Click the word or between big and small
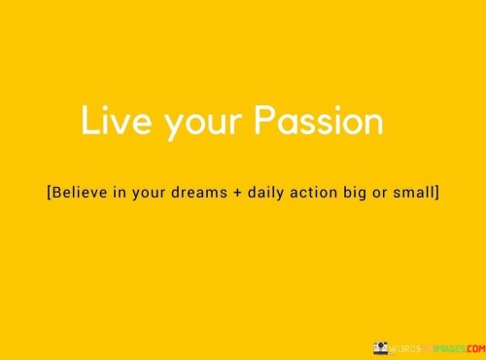[399, 194]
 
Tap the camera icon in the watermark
[382, 346]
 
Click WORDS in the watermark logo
[405, 347]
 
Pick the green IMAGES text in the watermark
[440, 347]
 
